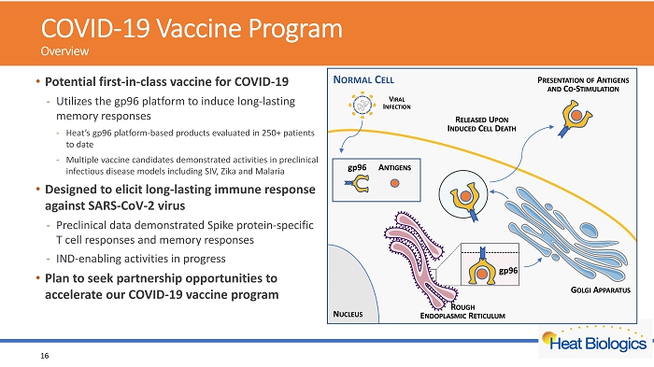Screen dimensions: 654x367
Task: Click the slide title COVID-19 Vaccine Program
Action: (192, 28)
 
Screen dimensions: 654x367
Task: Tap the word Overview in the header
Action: (64, 51)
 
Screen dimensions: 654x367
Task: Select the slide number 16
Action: (45, 356)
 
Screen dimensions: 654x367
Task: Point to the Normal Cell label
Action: (363, 79)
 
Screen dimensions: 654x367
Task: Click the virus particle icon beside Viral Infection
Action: (362, 106)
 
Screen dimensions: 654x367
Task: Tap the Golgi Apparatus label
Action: (600, 289)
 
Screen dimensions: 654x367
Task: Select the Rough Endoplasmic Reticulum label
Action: (462, 312)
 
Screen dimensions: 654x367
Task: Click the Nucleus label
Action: (348, 314)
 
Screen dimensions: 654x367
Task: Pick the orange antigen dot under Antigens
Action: (394, 183)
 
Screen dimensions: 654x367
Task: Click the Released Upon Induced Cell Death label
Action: (482, 124)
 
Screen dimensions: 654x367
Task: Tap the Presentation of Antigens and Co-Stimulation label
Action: (583, 84)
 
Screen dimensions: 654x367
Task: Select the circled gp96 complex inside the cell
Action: (463, 194)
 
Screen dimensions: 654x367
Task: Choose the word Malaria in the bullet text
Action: (270, 172)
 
